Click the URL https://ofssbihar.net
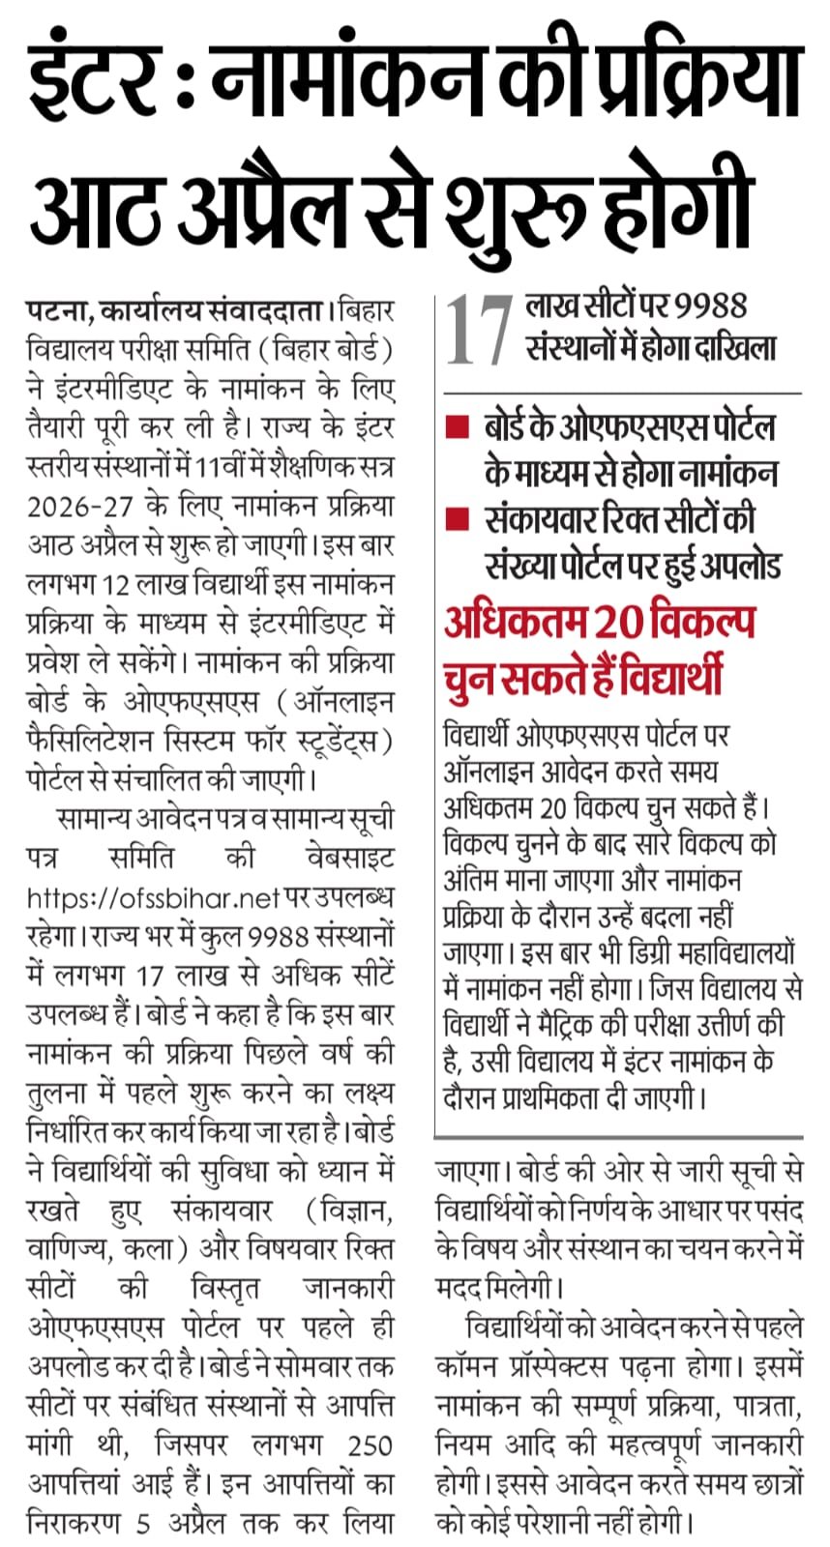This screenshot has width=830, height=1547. tap(154, 898)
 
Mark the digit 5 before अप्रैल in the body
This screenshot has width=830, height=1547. tap(143, 1523)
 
